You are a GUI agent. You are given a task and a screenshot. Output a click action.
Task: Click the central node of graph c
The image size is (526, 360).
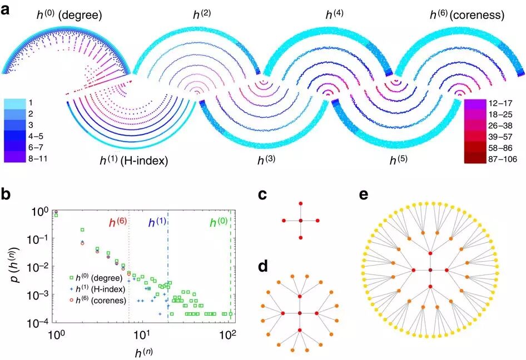(300, 221)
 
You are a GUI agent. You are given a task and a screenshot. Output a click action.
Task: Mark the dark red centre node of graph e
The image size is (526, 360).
(430, 271)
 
